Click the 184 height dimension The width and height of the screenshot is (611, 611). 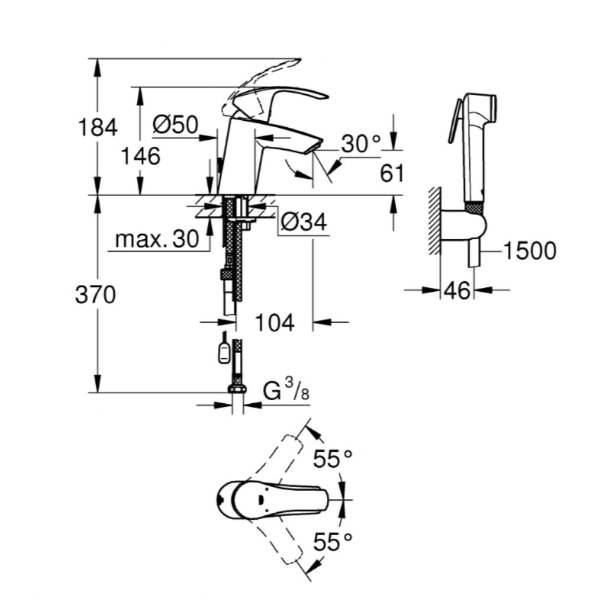(x=98, y=127)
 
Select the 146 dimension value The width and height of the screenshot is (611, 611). (x=140, y=156)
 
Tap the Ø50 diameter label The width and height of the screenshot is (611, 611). (x=175, y=124)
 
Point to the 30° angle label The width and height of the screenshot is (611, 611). (x=362, y=144)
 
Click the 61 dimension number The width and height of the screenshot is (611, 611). (x=391, y=174)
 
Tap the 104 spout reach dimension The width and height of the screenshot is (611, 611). (x=275, y=323)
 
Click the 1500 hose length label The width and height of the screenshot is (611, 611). (x=530, y=251)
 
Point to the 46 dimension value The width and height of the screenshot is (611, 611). (x=457, y=290)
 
